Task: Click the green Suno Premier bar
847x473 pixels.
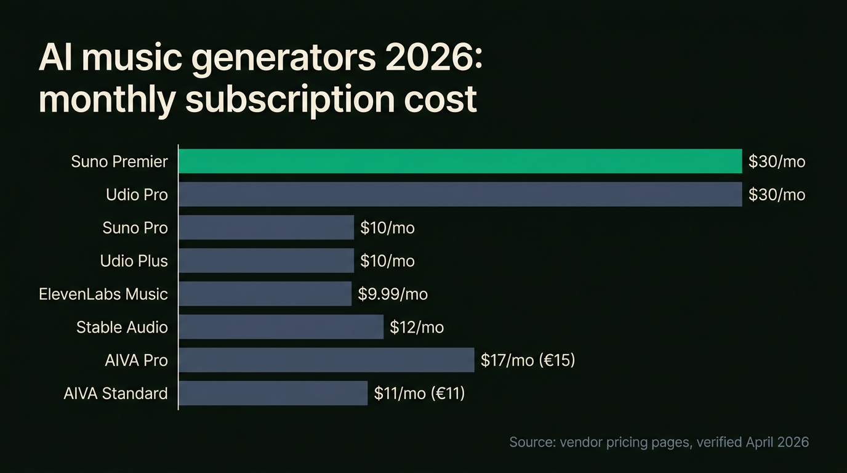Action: pyautogui.click(x=460, y=161)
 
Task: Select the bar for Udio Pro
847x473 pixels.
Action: pyautogui.click(x=460, y=195)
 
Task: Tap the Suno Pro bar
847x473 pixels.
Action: pyautogui.click(x=266, y=228)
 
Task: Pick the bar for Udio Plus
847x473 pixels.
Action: pyautogui.click(x=266, y=261)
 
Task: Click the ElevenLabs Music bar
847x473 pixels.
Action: pyautogui.click(x=265, y=294)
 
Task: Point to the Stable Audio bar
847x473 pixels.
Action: pyautogui.click(x=281, y=327)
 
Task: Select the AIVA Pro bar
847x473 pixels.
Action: pyautogui.click(x=326, y=360)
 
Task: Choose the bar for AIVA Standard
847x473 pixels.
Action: pyautogui.click(x=273, y=394)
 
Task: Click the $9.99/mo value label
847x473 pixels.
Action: pyautogui.click(x=393, y=294)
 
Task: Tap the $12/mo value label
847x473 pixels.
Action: pyautogui.click(x=417, y=328)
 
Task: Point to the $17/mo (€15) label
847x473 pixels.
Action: pyautogui.click(x=528, y=360)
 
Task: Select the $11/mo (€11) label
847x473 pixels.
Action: pyautogui.click(x=419, y=394)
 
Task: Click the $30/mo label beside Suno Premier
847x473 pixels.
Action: pyautogui.click(x=777, y=162)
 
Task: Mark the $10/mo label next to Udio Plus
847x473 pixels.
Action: pyautogui.click(x=387, y=261)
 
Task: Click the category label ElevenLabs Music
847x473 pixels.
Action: pyautogui.click(x=103, y=294)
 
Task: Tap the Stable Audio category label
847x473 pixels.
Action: pyautogui.click(x=122, y=328)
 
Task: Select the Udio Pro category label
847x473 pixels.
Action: pyautogui.click(x=137, y=195)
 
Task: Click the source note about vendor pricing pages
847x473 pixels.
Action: pyautogui.click(x=659, y=442)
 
